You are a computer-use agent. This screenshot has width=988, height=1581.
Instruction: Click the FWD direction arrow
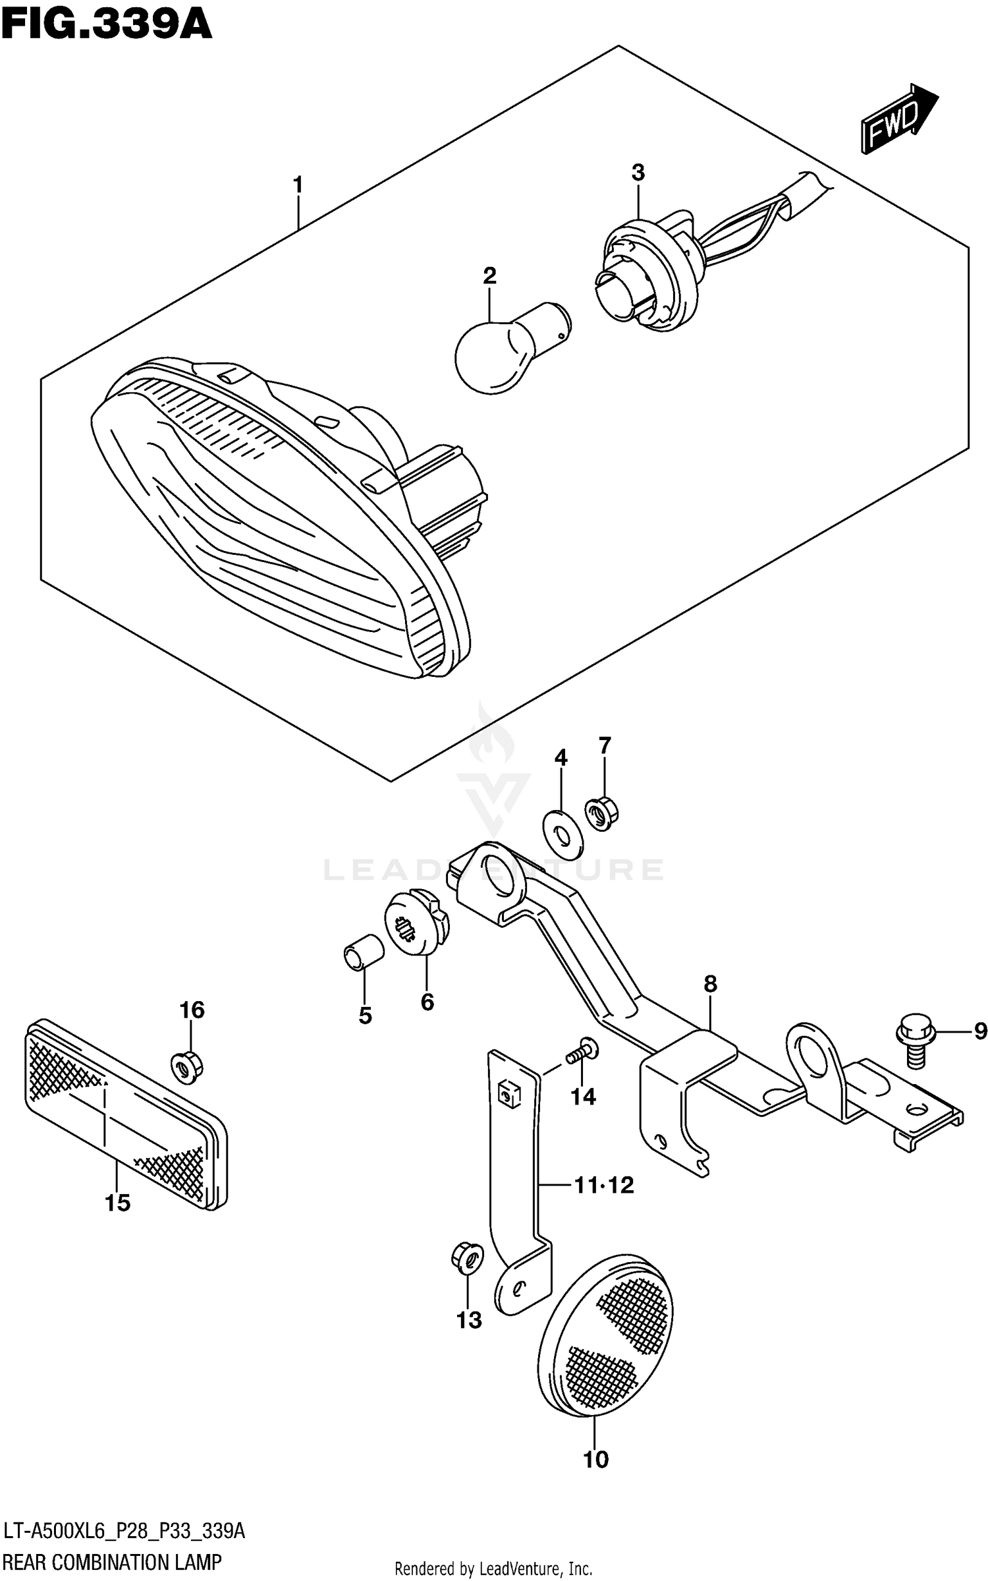coord(897,119)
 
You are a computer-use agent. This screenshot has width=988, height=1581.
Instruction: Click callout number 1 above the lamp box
coord(298,185)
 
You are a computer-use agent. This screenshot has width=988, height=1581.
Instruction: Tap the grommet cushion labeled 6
coord(416,923)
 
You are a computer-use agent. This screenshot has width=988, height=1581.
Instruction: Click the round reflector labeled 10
coord(606,1338)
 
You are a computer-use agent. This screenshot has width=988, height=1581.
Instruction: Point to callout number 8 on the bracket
coord(709,985)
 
